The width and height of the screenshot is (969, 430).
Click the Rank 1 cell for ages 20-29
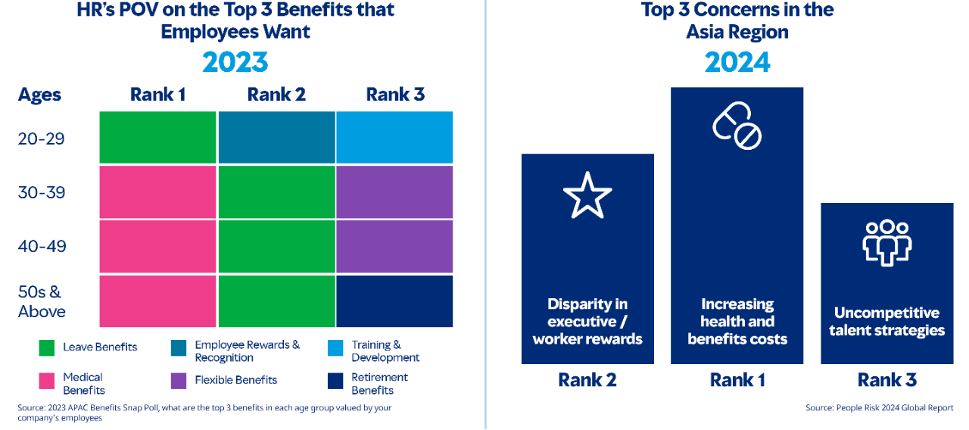click(158, 137)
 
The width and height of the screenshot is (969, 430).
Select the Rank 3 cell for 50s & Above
click(394, 301)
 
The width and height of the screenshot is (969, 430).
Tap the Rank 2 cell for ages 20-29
click(276, 137)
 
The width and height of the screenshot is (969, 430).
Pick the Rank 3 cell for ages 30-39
click(394, 192)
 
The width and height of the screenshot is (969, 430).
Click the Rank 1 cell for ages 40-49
click(158, 246)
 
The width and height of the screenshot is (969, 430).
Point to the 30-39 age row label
click(42, 192)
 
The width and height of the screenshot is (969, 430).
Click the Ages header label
click(39, 95)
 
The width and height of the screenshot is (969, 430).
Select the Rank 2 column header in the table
click(276, 95)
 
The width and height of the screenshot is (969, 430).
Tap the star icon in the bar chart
click(587, 195)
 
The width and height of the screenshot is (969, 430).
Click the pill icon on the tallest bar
click(737, 126)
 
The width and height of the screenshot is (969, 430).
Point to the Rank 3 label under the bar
click(886, 380)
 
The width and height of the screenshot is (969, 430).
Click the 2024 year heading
click(737, 62)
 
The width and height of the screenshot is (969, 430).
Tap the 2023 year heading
click(235, 62)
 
